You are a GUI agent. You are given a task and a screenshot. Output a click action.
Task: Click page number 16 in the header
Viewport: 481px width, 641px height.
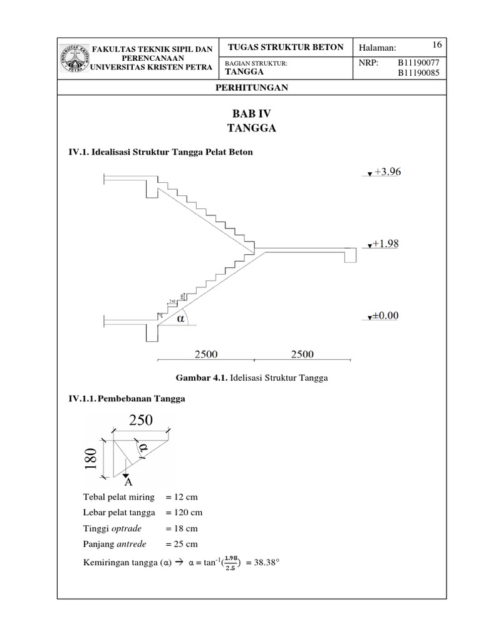click(x=437, y=44)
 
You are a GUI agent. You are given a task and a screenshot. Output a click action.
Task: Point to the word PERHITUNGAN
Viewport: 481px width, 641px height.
click(x=251, y=88)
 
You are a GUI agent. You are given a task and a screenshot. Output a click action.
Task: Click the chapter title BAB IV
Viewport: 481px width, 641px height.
click(x=251, y=114)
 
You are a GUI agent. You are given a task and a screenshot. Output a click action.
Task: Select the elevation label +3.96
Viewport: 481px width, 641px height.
click(x=386, y=172)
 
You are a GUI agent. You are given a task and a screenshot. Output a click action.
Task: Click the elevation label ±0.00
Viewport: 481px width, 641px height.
click(x=384, y=316)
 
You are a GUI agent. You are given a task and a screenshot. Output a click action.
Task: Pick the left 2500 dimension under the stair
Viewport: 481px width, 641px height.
click(x=205, y=354)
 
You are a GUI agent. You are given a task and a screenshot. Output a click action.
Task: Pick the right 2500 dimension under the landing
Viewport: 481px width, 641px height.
click(x=303, y=354)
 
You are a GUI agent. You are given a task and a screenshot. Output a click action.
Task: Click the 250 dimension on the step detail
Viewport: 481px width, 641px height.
click(x=141, y=421)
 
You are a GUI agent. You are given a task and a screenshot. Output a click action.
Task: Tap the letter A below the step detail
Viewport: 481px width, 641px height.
click(x=128, y=483)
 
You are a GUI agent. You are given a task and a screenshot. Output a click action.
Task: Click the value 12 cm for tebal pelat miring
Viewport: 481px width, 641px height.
click(x=182, y=497)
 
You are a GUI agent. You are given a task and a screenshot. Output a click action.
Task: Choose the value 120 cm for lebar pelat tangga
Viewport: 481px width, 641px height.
click(x=184, y=513)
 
